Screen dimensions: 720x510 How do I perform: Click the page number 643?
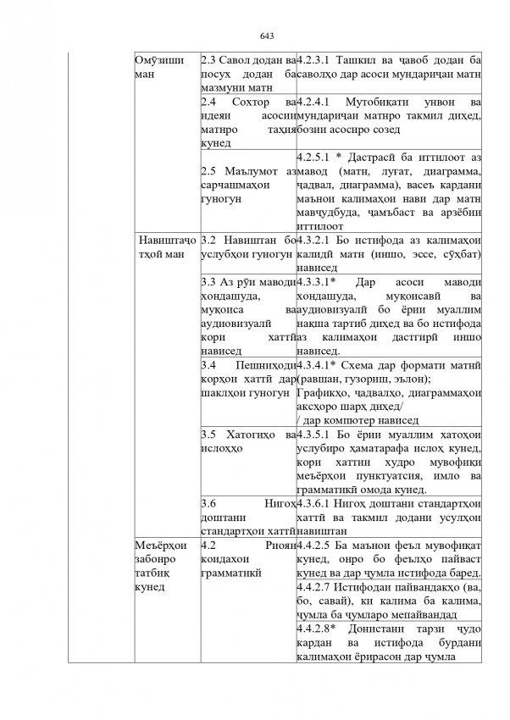[266, 36]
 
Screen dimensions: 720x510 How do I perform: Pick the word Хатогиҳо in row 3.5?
[252, 435]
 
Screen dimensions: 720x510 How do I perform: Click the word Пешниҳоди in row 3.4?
[262, 365]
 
